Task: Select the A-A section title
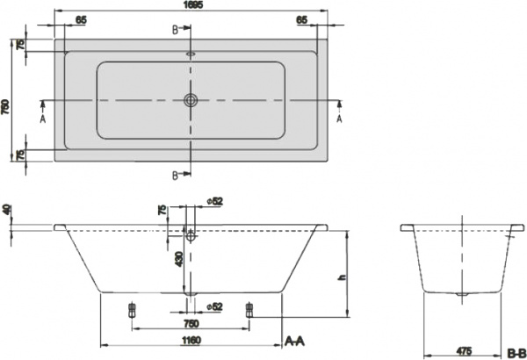294,339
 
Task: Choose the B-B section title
516,351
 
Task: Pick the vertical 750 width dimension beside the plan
6,100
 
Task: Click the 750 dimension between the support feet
191,322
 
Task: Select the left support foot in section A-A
133,309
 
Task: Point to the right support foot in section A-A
249,309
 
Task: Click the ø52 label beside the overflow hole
216,202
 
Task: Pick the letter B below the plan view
174,174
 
